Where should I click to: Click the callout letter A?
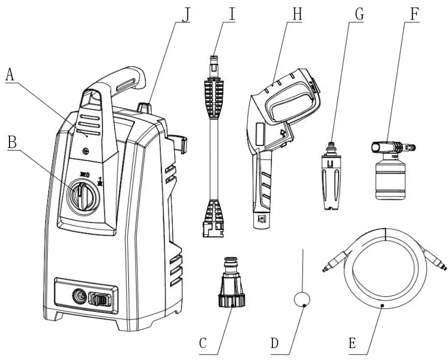[10, 75]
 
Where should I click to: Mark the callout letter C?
[203, 343]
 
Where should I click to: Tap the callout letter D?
[274, 343]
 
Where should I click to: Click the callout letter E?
[352, 343]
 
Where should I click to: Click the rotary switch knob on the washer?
[83, 193]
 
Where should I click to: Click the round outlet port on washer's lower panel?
[79, 296]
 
